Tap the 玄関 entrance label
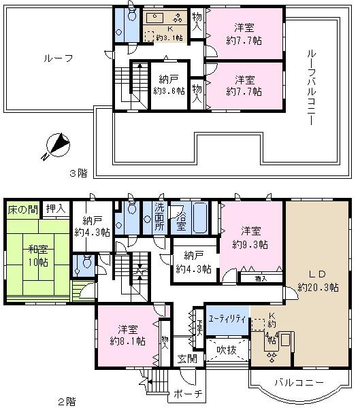[x=188, y=358]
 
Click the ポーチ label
[x=188, y=394]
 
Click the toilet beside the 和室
[x=84, y=264]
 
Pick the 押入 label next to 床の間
[x=56, y=209]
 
